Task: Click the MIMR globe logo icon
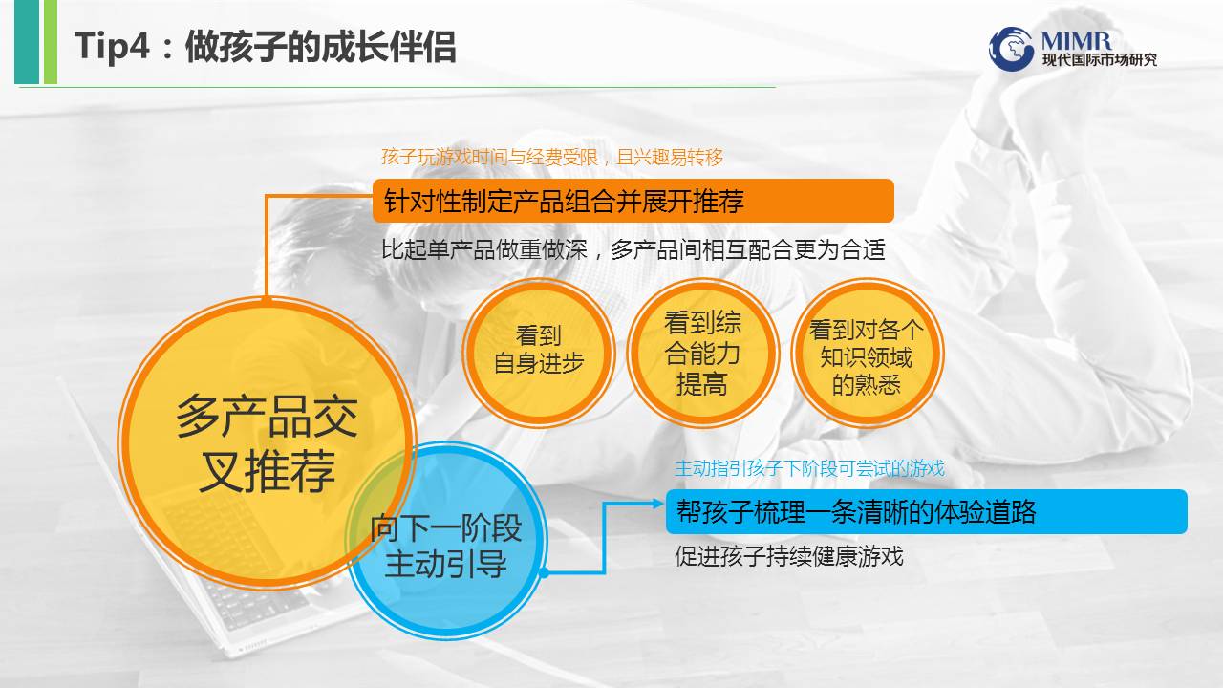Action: click(1011, 49)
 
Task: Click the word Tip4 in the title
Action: click(112, 46)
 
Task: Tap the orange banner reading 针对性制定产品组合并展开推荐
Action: click(633, 201)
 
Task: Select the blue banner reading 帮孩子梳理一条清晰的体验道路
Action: click(926, 511)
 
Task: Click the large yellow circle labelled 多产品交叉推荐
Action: click(267, 442)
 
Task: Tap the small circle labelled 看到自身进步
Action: click(539, 353)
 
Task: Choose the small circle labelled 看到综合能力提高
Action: click(702, 353)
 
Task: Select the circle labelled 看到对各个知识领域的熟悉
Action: click(867, 353)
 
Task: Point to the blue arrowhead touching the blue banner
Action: click(658, 504)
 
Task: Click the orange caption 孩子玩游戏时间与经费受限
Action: click(490, 158)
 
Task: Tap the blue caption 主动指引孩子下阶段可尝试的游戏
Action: click(809, 468)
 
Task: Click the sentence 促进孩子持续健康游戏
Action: click(789, 556)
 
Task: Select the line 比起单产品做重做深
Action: click(484, 249)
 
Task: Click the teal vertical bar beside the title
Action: click(27, 42)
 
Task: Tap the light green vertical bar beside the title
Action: click(51, 42)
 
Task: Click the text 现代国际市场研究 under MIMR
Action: click(1100, 59)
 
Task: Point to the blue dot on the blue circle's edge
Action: click(544, 572)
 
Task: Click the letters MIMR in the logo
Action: click(1076, 40)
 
